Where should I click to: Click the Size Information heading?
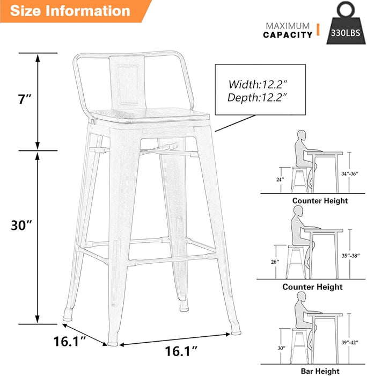[70, 10]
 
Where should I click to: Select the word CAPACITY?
[288, 35]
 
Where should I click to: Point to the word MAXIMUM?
[288, 26]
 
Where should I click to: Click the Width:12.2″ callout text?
[258, 84]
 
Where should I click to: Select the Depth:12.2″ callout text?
[258, 97]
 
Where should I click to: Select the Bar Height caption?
[320, 371]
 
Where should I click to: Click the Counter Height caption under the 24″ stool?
[320, 200]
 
